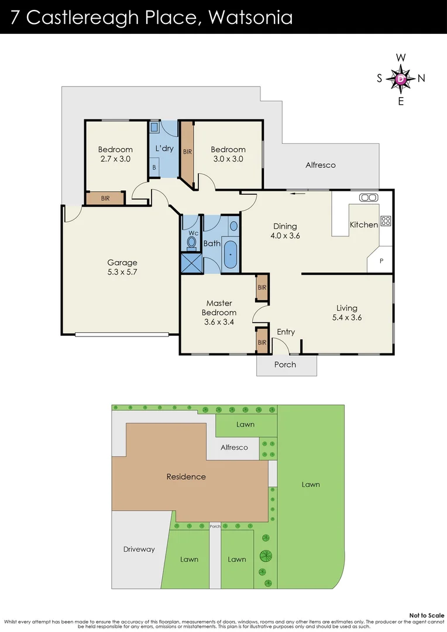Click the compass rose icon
pyautogui.click(x=401, y=78)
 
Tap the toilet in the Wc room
pyautogui.click(x=192, y=241)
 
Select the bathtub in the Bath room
pyautogui.click(x=231, y=255)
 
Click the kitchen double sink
pyautogui.click(x=369, y=197)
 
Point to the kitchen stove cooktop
pyautogui.click(x=386, y=221)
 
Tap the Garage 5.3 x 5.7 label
pyautogui.click(x=122, y=267)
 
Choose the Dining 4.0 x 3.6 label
pyautogui.click(x=285, y=231)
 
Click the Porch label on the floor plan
pyautogui.click(x=286, y=365)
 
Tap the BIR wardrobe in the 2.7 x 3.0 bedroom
pyautogui.click(x=105, y=198)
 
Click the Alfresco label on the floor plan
pyautogui.click(x=321, y=165)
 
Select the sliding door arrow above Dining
pyautogui.click(x=298, y=194)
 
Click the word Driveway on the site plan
pyautogui.click(x=139, y=549)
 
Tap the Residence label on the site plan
pyautogui.click(x=186, y=476)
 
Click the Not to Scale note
pyautogui.click(x=427, y=615)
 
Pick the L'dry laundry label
pyautogui.click(x=164, y=149)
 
